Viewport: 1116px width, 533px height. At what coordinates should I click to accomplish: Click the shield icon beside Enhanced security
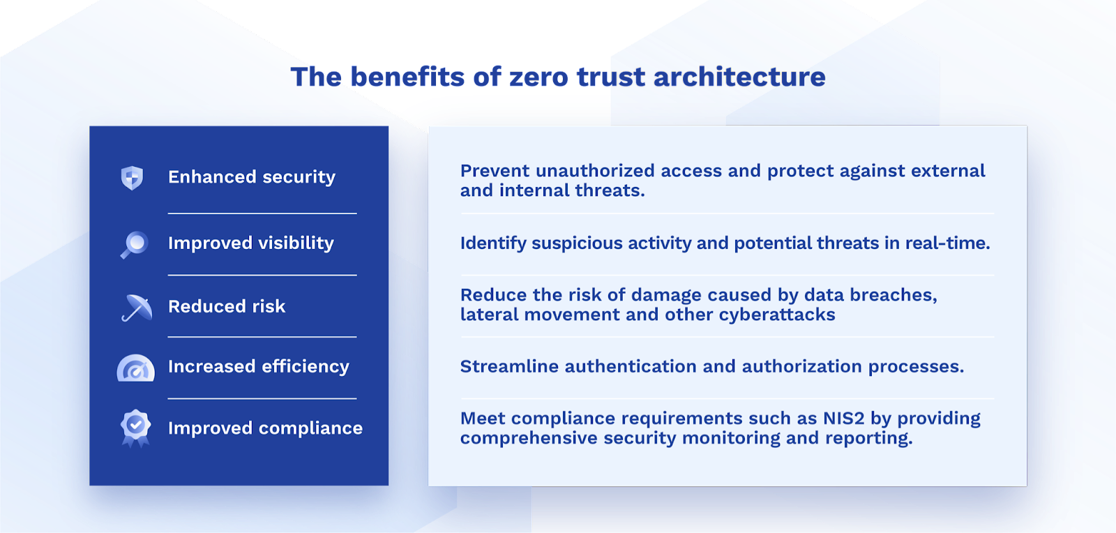(x=132, y=178)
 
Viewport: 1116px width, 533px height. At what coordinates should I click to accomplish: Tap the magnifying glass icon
(x=134, y=245)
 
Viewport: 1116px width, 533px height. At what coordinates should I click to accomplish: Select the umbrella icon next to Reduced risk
(x=137, y=308)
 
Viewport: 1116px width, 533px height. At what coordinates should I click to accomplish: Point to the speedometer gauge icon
(x=135, y=368)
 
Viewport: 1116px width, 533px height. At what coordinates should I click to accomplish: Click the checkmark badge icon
(x=135, y=428)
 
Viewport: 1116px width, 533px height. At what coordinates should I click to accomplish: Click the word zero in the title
(x=538, y=77)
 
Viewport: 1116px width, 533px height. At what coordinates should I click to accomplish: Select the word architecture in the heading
(x=739, y=77)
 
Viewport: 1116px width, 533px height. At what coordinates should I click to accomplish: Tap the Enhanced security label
(x=252, y=177)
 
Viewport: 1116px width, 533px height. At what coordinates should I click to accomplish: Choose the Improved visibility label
(x=250, y=243)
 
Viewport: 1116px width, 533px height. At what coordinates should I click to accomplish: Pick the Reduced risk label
(x=227, y=306)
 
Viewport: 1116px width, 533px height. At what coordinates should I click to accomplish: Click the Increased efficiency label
(x=259, y=367)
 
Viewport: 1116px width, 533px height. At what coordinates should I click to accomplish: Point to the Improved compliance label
(x=265, y=428)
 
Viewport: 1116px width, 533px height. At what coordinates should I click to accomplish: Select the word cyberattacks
(x=777, y=315)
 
